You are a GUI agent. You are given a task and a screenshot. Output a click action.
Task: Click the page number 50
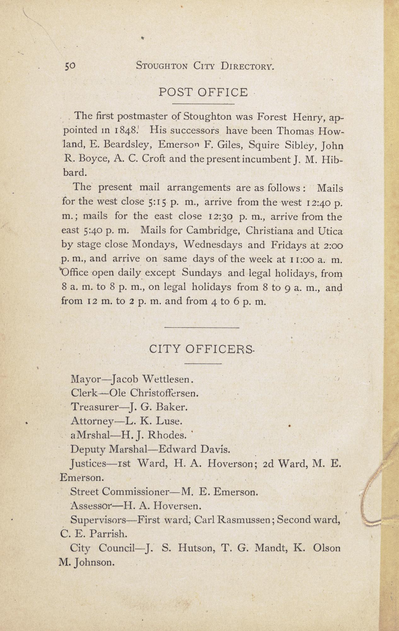click(70, 66)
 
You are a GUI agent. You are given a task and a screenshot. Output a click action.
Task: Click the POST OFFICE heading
click(203, 92)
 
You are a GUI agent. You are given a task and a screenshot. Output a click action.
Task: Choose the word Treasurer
click(95, 407)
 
